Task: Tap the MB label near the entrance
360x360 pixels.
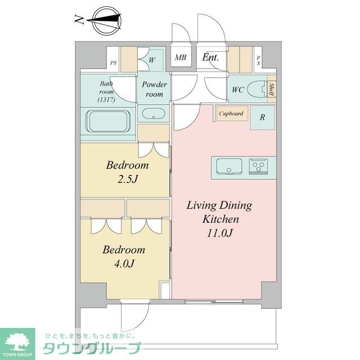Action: tap(181, 57)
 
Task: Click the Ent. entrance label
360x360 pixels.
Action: tap(210, 57)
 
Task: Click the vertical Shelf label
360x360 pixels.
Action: tap(272, 89)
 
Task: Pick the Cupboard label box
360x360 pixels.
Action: tap(231, 114)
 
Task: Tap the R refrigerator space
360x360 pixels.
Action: tap(262, 118)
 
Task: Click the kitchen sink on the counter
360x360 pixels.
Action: tap(228, 167)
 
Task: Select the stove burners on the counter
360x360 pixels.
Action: tap(259, 167)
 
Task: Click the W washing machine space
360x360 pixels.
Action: tap(152, 58)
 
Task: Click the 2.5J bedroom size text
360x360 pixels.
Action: tap(128, 180)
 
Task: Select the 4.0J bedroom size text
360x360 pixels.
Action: tap(123, 263)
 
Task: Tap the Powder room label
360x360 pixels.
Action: tap(154, 89)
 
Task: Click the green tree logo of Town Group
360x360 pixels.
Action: tap(17, 340)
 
